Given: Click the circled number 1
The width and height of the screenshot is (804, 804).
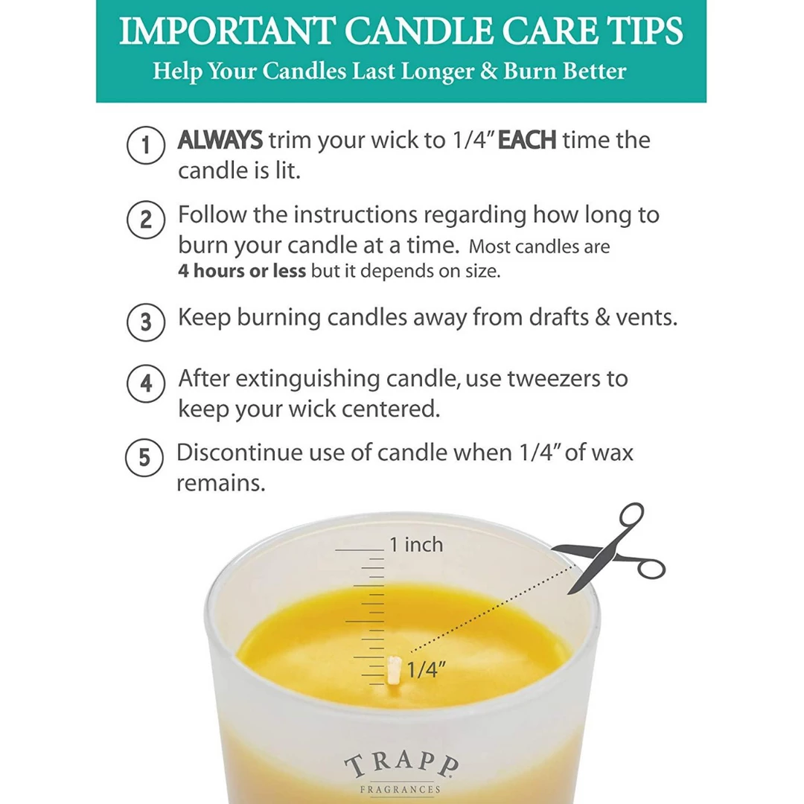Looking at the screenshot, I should [x=145, y=147].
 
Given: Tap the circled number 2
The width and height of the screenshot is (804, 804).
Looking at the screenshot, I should [x=145, y=220].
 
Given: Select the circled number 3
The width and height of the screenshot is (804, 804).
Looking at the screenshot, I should [x=145, y=322].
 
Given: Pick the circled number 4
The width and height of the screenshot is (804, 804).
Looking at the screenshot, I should [x=145, y=384].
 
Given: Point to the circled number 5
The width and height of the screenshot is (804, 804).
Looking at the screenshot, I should [x=145, y=458].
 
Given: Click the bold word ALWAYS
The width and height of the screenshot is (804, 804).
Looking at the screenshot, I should [x=220, y=140].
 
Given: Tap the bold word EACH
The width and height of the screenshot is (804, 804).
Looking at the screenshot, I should [x=526, y=140].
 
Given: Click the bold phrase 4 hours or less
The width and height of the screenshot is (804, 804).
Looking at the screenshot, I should [x=242, y=271].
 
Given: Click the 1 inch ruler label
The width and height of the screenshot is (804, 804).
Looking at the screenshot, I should [x=415, y=545].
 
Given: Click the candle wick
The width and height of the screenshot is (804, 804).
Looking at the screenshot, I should [x=395, y=669].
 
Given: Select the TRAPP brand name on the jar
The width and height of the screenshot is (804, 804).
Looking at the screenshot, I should [x=402, y=766].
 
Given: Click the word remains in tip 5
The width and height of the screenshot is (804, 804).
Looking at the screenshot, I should [x=220, y=483].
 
